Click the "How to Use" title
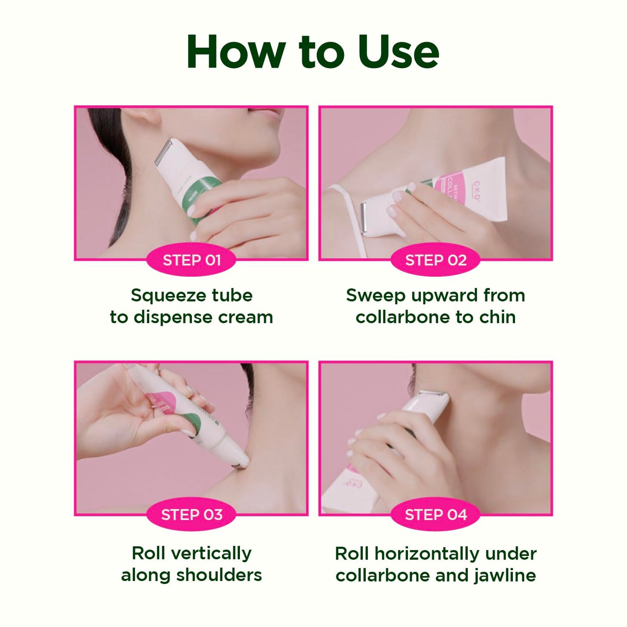click(313, 52)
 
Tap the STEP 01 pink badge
click(191, 260)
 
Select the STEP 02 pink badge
click(436, 260)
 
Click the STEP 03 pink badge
click(191, 515)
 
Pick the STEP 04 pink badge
click(436, 515)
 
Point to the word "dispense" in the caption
click(173, 318)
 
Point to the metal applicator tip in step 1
click(164, 152)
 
